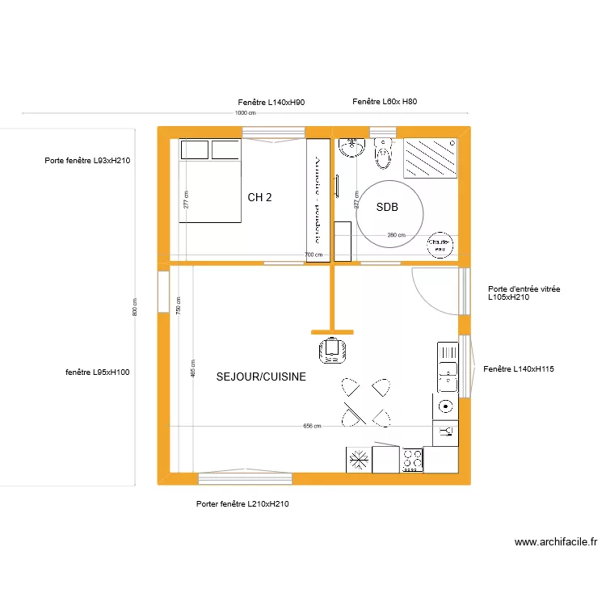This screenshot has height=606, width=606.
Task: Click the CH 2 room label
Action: click(259, 197)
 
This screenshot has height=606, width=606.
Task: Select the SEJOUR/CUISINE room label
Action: click(261, 377)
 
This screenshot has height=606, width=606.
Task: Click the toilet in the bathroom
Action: click(383, 153)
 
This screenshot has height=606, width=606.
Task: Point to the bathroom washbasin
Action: click(352, 149)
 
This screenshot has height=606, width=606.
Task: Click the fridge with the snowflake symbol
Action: click(359, 460)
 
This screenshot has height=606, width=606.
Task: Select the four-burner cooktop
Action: click(412, 460)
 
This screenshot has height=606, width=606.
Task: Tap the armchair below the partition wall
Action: click(331, 350)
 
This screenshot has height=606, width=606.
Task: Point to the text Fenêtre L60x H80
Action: click(385, 102)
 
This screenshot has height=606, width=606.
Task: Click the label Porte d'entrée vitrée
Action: click(524, 288)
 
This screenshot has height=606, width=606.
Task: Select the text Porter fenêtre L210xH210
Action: click(242, 503)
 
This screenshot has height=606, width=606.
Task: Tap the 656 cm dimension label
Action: click(312, 426)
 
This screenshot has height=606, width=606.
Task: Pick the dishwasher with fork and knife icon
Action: click(445, 433)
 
